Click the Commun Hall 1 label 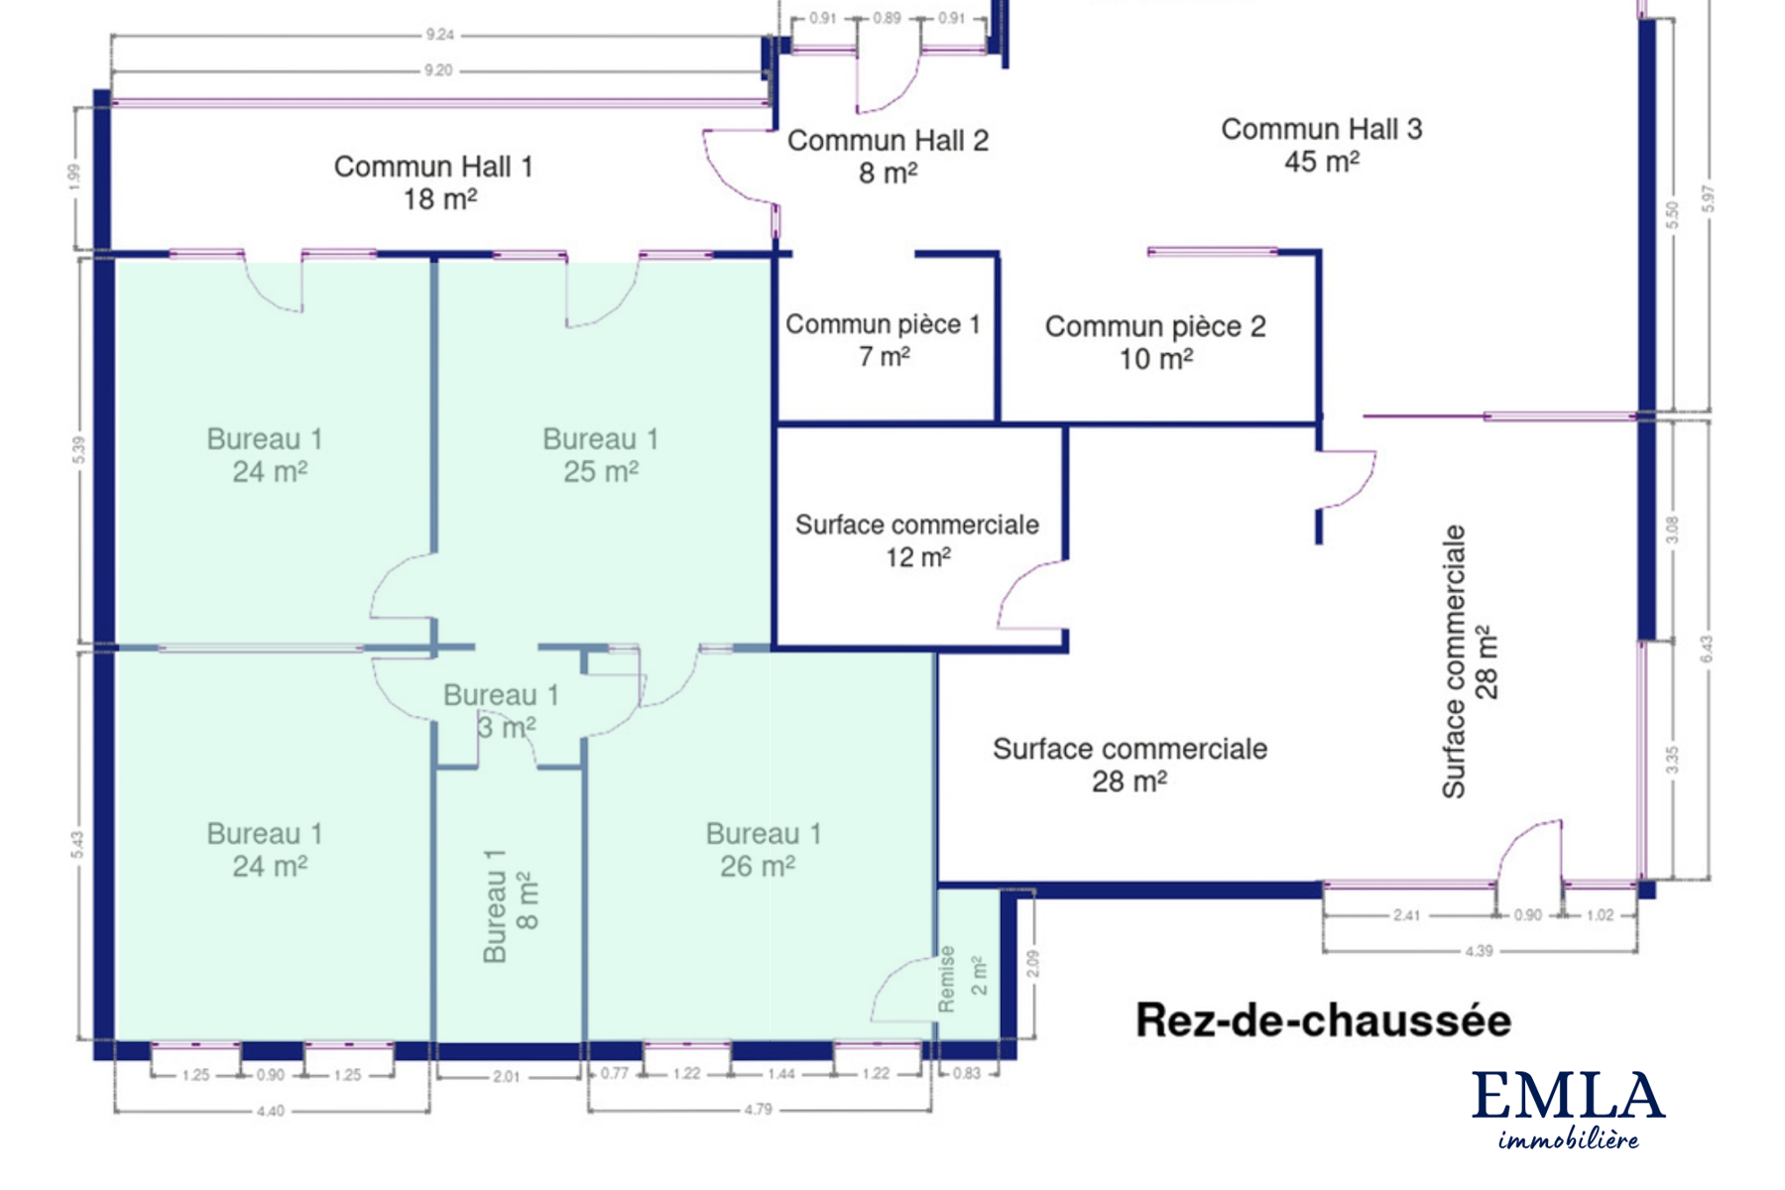click(x=434, y=182)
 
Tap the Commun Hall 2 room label click(x=888, y=157)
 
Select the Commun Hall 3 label click(x=1322, y=145)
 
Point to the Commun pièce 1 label click(x=883, y=339)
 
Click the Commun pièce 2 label click(x=1155, y=342)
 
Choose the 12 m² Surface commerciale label click(x=917, y=540)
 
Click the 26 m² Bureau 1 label click(x=763, y=850)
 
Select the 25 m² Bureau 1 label click(x=600, y=455)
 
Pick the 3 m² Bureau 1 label click(x=502, y=711)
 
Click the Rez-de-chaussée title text click(x=1323, y=1020)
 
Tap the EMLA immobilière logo click(x=1568, y=1110)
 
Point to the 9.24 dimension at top click(x=439, y=35)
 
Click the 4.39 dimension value click(x=1479, y=951)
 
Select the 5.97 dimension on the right click(x=1707, y=199)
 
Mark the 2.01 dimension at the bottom click(x=506, y=1076)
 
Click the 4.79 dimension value click(x=758, y=1110)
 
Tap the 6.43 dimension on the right click(x=1706, y=650)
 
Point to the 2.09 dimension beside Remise click(x=1033, y=963)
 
